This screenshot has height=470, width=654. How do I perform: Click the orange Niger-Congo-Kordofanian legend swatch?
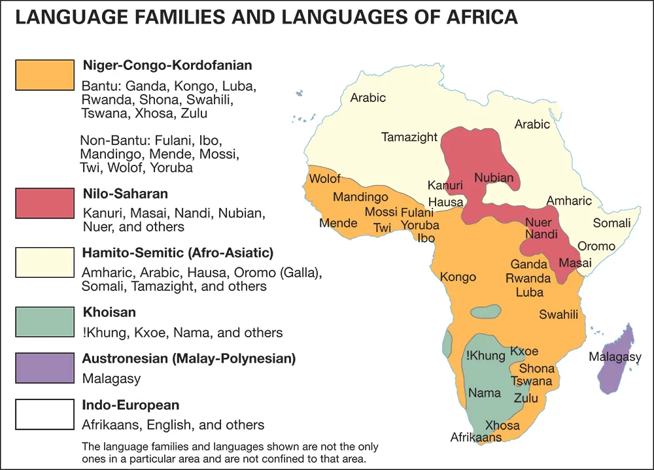coord(44,75)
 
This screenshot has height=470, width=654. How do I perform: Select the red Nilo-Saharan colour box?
coord(44,203)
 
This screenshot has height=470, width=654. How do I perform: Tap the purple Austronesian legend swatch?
coord(44,368)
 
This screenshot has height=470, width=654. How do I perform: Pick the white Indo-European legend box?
coord(44,414)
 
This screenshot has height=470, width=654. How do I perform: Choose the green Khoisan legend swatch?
coord(44,322)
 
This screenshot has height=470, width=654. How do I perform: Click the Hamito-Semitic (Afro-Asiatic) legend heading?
coord(177,252)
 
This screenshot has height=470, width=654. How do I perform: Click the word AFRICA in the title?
coord(475,17)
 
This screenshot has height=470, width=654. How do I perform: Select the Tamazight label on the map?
coord(409,137)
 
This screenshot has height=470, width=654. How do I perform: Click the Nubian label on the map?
coord(494,177)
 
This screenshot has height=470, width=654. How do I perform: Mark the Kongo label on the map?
coord(458,277)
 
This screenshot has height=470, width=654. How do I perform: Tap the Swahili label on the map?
coord(559,314)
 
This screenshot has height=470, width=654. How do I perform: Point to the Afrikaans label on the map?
coord(476,437)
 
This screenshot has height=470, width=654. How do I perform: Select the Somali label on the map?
coord(611,223)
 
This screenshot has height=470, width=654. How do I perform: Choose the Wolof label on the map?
coord(325,178)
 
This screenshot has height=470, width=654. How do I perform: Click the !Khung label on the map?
coord(485,356)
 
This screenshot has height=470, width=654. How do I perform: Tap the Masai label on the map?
coord(575,263)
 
